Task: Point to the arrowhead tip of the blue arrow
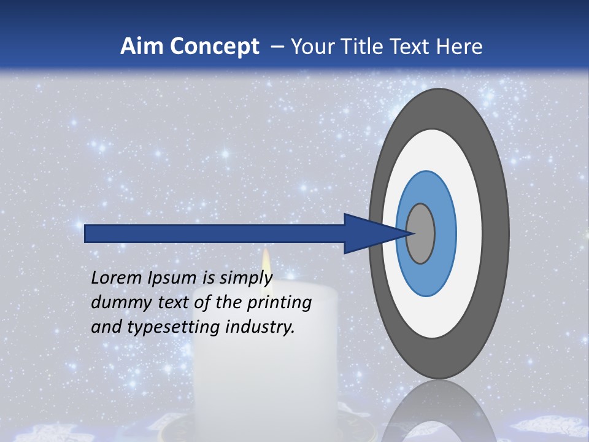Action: pos(412,233)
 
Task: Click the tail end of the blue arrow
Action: pos(86,233)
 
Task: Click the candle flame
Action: pos(266,261)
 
